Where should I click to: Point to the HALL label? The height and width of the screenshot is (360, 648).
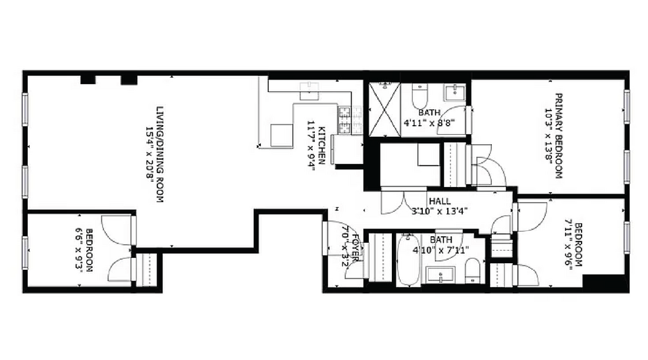click(439, 201)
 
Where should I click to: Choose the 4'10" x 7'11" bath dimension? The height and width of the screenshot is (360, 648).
click(438, 249)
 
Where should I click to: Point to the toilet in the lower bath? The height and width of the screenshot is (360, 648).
click(472, 270)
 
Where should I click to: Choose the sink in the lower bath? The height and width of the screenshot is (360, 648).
click(438, 273)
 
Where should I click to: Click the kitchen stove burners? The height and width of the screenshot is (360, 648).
click(345, 120)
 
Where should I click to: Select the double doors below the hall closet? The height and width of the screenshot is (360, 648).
click(400, 203)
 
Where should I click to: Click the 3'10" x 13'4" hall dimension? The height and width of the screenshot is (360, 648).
click(437, 211)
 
